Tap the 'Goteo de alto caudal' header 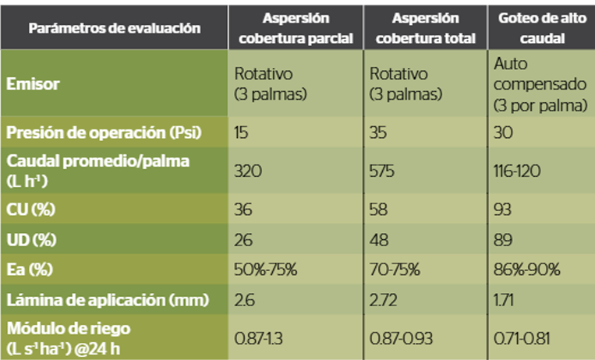click(540, 27)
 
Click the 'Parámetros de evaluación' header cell click(115, 28)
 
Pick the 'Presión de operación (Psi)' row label click(104, 132)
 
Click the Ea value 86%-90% click(526, 269)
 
